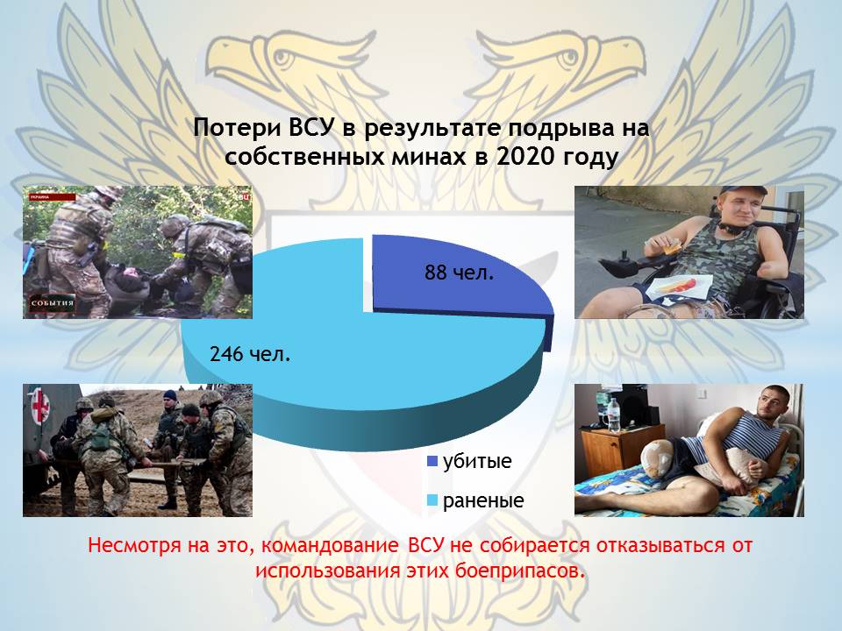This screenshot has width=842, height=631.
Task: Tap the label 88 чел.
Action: click(x=459, y=273)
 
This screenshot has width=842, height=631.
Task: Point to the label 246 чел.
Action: click(x=250, y=354)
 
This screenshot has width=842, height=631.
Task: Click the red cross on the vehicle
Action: click(x=39, y=405)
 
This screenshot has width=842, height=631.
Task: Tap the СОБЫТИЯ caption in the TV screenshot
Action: click(x=52, y=303)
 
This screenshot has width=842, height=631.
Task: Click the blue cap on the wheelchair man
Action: click(x=742, y=191)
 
